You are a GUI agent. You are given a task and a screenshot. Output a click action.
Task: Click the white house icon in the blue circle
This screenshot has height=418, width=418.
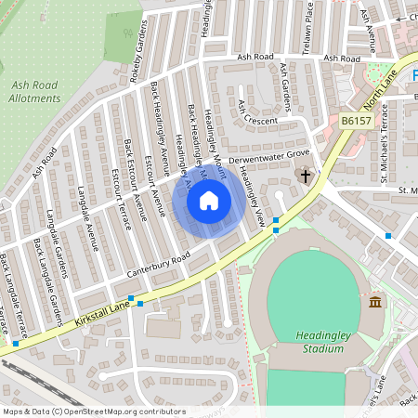[209, 200]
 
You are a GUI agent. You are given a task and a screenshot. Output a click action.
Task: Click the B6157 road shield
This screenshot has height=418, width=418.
[355, 121]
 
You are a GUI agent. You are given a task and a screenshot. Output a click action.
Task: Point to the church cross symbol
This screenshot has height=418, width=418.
[305, 175]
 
